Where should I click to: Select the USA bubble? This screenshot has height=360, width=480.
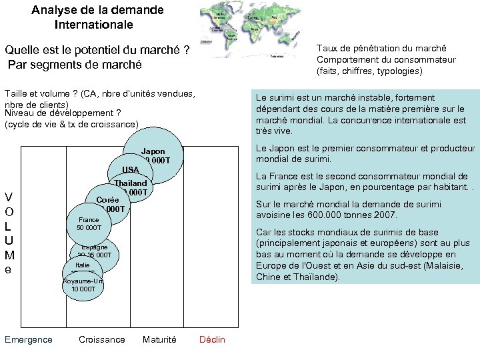point(131,170)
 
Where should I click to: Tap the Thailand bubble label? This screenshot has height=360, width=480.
point(130,183)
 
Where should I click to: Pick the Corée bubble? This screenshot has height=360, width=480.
point(107,201)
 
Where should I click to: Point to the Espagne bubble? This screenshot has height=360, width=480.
point(95,251)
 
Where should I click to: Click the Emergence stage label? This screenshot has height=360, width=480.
point(28,339)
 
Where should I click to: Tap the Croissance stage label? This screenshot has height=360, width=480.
point(101,339)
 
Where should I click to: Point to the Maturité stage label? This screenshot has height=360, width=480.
point(159,339)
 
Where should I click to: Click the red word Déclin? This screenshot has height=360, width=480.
point(212,339)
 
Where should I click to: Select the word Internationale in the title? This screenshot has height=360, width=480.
point(94,25)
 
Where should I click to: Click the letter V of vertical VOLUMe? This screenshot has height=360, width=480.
point(9,197)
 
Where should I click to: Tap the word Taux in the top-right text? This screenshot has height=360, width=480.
point(327,48)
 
